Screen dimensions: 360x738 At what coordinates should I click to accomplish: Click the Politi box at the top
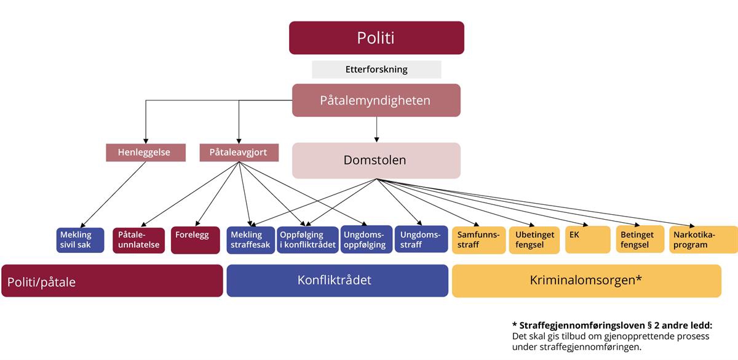[x=376, y=38]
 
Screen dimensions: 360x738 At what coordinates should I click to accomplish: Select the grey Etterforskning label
[x=376, y=70]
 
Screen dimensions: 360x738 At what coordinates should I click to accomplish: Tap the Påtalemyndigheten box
[x=376, y=100]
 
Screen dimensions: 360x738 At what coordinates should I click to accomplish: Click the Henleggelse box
[x=146, y=153]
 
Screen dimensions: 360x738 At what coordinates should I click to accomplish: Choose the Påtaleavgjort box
[x=239, y=153]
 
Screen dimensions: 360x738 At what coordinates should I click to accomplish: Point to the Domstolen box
[x=376, y=161]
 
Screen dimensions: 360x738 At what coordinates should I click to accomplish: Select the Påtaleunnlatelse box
[x=139, y=240]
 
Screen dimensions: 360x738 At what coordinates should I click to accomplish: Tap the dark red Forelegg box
[x=196, y=240]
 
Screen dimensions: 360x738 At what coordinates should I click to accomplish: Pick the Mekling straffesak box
[x=251, y=240]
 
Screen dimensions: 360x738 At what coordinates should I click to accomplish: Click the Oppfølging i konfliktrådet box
[x=307, y=240]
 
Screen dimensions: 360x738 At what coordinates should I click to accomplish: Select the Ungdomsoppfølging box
[x=366, y=240]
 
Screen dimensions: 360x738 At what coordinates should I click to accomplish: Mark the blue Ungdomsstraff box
[x=421, y=239]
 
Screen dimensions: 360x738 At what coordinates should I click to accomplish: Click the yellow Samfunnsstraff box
[x=478, y=240]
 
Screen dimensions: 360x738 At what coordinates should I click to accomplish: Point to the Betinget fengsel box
[x=640, y=240]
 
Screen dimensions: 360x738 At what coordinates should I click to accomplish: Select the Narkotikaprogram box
[x=703, y=240]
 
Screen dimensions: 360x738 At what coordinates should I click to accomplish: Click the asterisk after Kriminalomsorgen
[x=640, y=279]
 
